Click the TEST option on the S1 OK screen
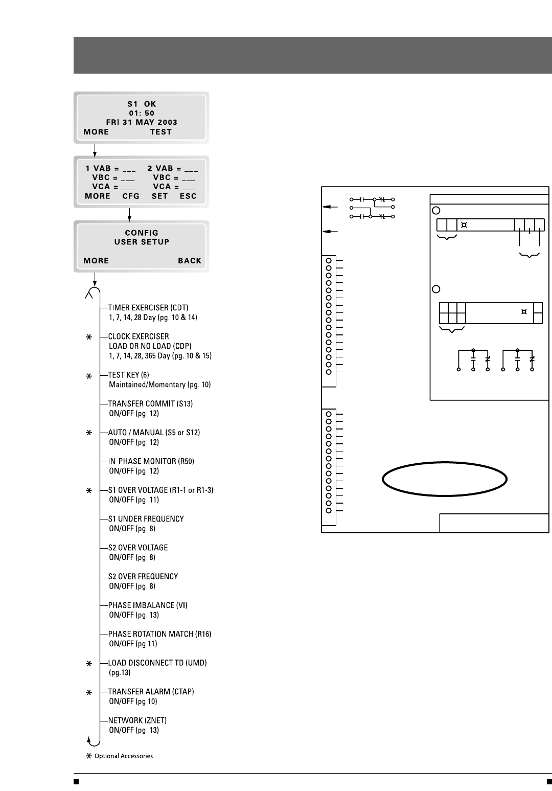click(x=160, y=132)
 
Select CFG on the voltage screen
click(x=131, y=196)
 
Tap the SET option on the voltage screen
click(x=160, y=196)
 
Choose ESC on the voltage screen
click(x=188, y=196)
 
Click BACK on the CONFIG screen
click(x=190, y=261)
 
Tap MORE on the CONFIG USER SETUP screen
click(x=96, y=261)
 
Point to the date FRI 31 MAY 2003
click(x=142, y=123)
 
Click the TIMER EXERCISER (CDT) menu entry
click(x=148, y=308)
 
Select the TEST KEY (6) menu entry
click(x=128, y=375)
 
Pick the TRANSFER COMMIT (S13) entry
click(x=150, y=404)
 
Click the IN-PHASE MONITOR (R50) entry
click(x=151, y=461)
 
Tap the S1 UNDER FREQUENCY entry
click(x=146, y=518)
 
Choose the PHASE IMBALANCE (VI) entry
click(x=148, y=605)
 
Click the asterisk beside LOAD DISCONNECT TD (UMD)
click(x=89, y=664)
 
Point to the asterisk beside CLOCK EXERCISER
click(x=89, y=337)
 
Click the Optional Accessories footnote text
click(x=123, y=756)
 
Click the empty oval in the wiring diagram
click(x=445, y=479)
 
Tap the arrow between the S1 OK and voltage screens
click(x=95, y=149)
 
